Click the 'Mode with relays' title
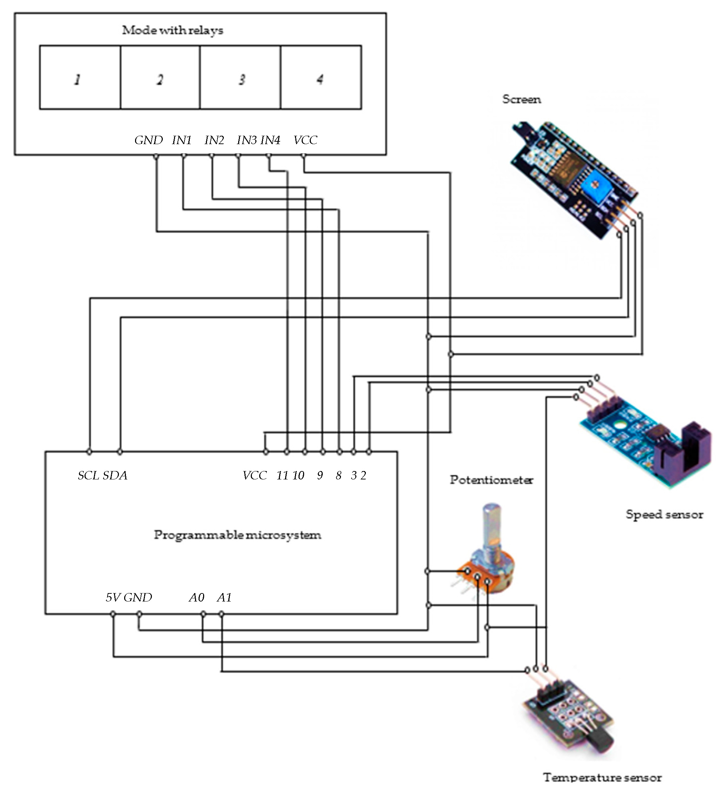click(172, 30)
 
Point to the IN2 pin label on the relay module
click(214, 140)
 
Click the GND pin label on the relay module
click(148, 140)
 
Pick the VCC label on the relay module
click(305, 140)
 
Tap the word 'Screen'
click(521, 99)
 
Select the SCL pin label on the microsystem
click(88, 475)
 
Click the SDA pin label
click(115, 475)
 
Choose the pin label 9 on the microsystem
click(320, 475)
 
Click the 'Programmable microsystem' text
click(237, 535)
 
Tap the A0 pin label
click(196, 598)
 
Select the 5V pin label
click(112, 598)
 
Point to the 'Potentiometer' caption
click(491, 480)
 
